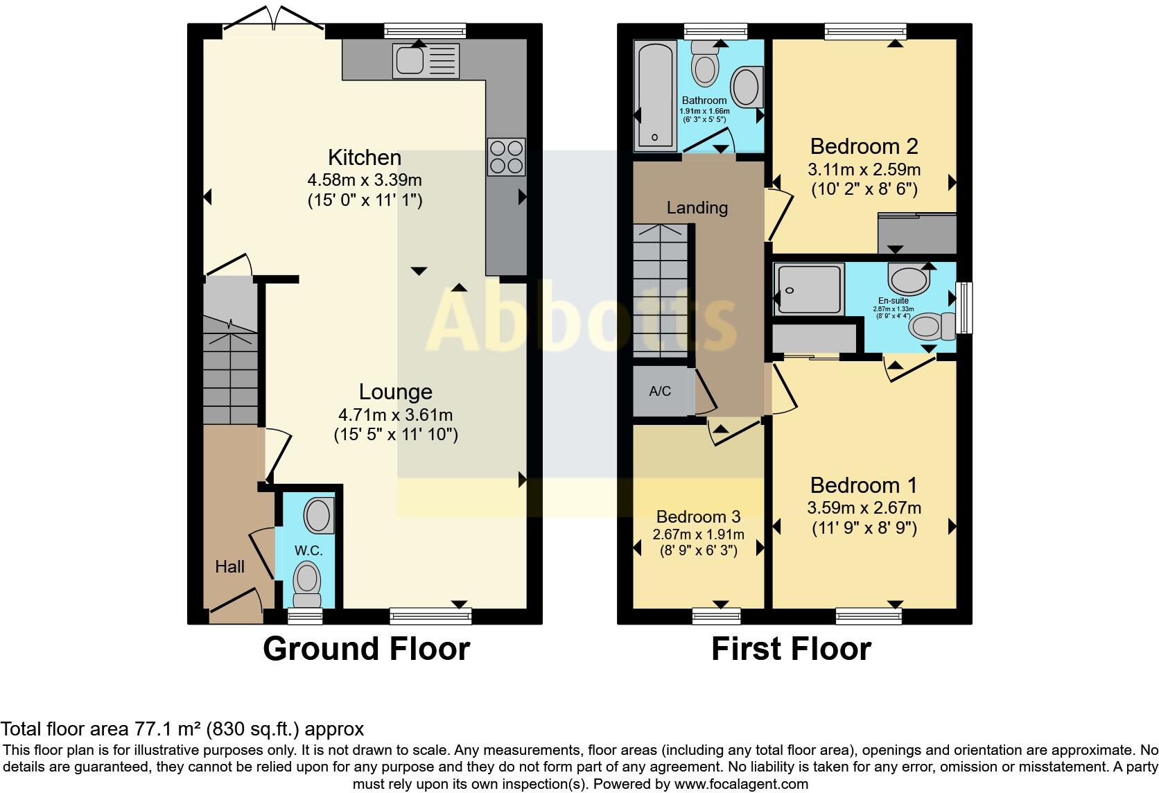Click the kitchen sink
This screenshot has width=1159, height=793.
tap(425, 60)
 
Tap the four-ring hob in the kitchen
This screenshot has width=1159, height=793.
tap(507, 157)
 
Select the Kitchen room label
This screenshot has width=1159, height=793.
tap(365, 157)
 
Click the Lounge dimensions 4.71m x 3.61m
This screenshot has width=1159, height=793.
tap(395, 415)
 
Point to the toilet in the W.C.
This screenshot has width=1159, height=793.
tap(307, 583)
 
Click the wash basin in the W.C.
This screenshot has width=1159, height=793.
tap(319, 516)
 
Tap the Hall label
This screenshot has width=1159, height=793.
tap(229, 566)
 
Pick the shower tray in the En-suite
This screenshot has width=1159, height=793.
tap(809, 290)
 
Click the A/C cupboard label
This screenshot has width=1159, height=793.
tap(660, 391)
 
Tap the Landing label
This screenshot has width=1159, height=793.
tap(697, 207)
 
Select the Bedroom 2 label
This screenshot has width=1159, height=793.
tap(864, 146)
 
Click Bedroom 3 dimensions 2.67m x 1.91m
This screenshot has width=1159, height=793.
tap(698, 534)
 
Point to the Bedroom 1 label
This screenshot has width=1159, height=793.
tap(864, 485)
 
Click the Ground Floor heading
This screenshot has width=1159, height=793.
tap(366, 649)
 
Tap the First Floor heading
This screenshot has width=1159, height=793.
tap(791, 649)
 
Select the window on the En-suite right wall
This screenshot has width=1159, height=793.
tap(964, 307)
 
